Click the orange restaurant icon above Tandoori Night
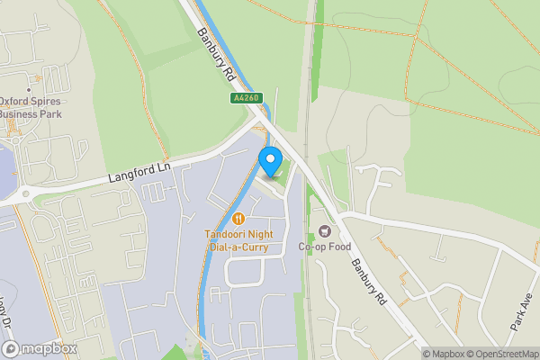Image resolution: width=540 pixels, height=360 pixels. tap(238, 217)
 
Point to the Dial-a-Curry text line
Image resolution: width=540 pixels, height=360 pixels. tap(238, 247)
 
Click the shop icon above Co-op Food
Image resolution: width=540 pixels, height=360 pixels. tap(325, 231)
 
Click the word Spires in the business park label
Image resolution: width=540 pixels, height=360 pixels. tap(45, 103)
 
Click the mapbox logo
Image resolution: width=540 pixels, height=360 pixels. tap(40, 348)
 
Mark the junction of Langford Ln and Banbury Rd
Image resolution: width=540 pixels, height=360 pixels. tap(261, 120)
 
